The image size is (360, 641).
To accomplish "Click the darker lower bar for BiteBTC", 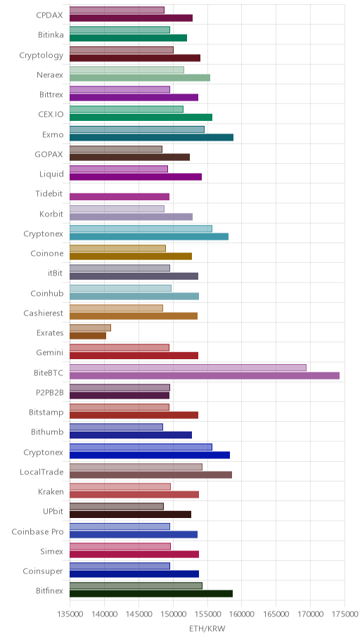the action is click(205, 376).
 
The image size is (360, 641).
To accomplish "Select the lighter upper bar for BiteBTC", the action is click(188, 368).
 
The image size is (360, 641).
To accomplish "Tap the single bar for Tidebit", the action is click(120, 197).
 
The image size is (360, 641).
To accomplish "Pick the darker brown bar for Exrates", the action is click(88, 336).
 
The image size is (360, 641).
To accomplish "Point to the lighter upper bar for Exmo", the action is click(137, 129).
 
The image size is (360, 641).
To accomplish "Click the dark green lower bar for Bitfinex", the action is click(151, 594).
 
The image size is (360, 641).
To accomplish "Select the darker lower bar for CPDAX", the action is click(131, 18).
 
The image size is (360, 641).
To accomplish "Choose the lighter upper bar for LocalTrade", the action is click(136, 467).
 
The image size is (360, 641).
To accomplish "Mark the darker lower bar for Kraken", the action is click(134, 494).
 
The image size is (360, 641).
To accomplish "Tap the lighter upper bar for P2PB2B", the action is click(120, 387).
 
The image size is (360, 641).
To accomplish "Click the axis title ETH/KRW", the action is click(207, 628).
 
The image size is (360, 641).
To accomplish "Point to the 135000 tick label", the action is click(70, 614).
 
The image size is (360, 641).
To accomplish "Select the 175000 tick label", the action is click(345, 614).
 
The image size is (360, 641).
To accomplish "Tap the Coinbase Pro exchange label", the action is click(38, 532).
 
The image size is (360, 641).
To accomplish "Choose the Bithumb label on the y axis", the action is click(47, 432).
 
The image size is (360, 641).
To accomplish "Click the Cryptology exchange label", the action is click(41, 56).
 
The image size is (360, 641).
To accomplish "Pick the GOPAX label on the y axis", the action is click(49, 155).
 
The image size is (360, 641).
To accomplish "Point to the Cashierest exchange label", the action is click(44, 313).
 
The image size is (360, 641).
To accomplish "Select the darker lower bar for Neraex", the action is click(140, 78).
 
